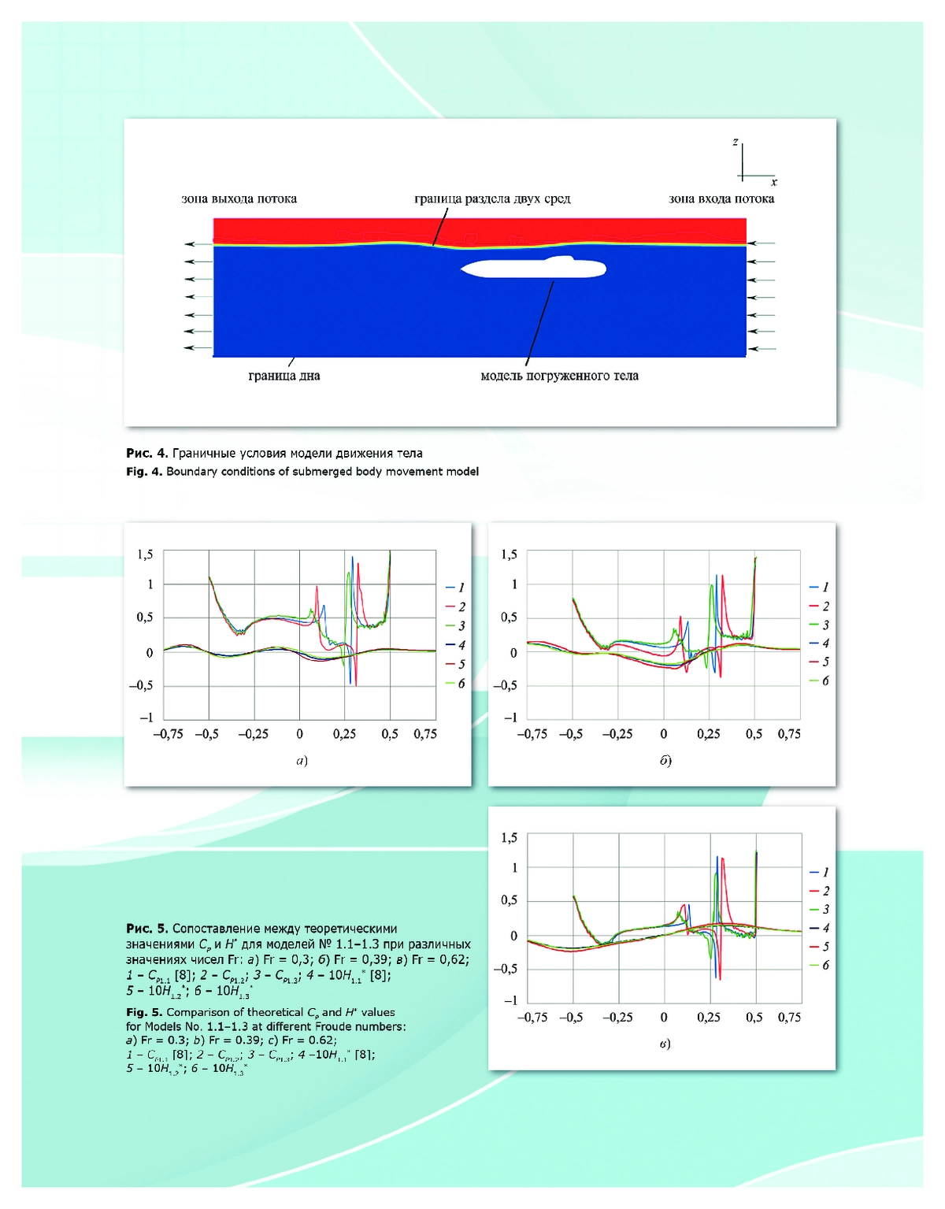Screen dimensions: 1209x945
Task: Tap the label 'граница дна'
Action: coord(284,376)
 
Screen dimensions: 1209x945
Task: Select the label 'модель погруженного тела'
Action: coord(559,376)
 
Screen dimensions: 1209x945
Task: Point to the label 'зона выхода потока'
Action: coord(239,198)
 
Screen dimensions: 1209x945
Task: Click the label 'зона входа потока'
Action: coord(721,198)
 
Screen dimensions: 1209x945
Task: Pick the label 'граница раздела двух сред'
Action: coord(492,198)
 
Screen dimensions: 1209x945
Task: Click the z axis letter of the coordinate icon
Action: coord(736,142)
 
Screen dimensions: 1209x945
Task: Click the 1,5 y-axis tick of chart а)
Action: coord(145,554)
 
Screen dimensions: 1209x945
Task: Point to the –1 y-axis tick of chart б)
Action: coord(510,718)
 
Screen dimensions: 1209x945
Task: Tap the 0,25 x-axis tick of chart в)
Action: coord(709,1018)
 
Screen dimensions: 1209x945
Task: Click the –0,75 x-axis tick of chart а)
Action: coord(168,734)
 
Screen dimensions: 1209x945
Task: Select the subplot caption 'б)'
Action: coord(665,761)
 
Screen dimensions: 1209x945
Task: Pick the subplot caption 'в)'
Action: coord(665,1044)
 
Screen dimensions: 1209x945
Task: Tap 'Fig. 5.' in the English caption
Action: coord(144,1012)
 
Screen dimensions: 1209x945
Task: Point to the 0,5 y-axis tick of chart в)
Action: coord(509,900)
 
